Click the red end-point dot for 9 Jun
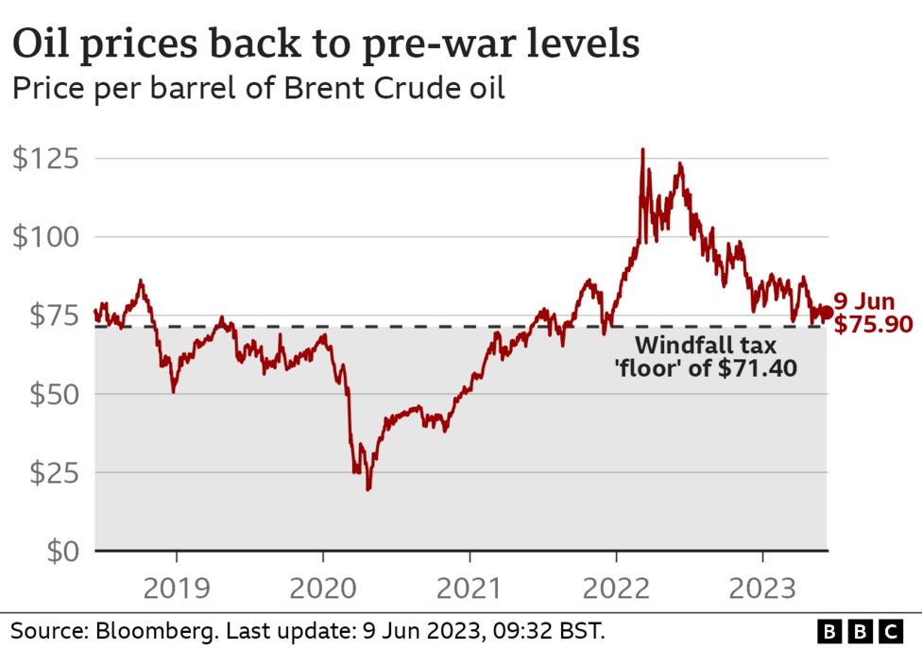click(826, 313)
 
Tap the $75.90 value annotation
click(873, 326)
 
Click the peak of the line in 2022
click(642, 149)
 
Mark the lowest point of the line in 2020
click(367, 488)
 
